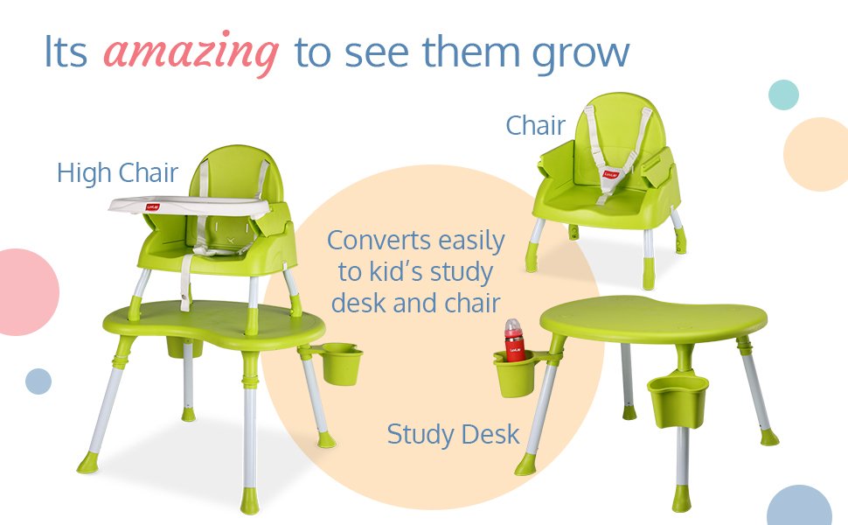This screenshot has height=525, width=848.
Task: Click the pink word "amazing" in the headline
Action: (x=191, y=53)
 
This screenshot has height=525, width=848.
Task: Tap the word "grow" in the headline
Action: (x=580, y=54)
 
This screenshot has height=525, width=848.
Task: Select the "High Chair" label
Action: (x=117, y=173)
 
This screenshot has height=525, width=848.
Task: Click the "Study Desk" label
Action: (x=453, y=435)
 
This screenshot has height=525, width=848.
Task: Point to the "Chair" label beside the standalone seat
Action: (x=535, y=126)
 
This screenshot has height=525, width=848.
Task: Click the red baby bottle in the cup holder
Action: (x=514, y=340)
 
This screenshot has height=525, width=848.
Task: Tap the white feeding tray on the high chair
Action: (x=190, y=206)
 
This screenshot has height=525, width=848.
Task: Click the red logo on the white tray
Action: (x=153, y=206)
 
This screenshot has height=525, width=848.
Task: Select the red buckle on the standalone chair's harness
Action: (x=611, y=174)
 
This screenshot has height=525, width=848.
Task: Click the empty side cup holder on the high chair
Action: (x=341, y=364)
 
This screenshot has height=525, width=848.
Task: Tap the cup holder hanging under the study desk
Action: (x=678, y=399)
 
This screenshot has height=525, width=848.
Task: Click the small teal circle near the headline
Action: (x=783, y=94)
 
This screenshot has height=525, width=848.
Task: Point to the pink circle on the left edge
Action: (x=27, y=292)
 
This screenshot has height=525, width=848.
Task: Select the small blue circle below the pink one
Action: (x=38, y=381)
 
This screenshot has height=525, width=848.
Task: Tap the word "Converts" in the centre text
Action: (x=378, y=241)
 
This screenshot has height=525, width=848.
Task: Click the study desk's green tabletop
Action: (x=653, y=319)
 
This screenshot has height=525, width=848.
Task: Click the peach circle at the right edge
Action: (x=817, y=154)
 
